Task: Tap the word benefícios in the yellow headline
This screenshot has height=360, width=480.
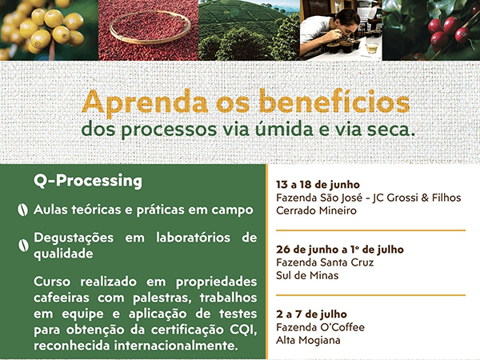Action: [334, 101]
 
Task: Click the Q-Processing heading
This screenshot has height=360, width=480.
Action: [88, 181]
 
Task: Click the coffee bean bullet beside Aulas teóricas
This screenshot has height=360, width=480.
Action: [22, 210]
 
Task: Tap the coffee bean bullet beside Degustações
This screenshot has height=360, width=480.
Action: [23, 246]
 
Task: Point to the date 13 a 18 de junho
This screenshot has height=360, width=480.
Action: [318, 185]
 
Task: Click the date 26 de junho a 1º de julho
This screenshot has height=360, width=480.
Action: [340, 250]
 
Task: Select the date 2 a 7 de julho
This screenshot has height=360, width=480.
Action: [311, 314]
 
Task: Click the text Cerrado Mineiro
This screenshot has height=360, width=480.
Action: [316, 210]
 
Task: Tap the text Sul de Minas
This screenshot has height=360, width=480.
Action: [307, 275]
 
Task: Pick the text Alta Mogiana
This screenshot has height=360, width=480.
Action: [308, 340]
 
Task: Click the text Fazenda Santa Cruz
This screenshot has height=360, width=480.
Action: [325, 262]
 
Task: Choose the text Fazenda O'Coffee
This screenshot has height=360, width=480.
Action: [320, 327]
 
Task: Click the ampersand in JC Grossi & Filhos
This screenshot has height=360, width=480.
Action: [425, 198]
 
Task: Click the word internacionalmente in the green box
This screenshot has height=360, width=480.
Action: [176, 346]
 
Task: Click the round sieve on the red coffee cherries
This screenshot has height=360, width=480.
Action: [150, 28]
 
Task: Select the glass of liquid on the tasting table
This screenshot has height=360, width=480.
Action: [372, 48]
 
